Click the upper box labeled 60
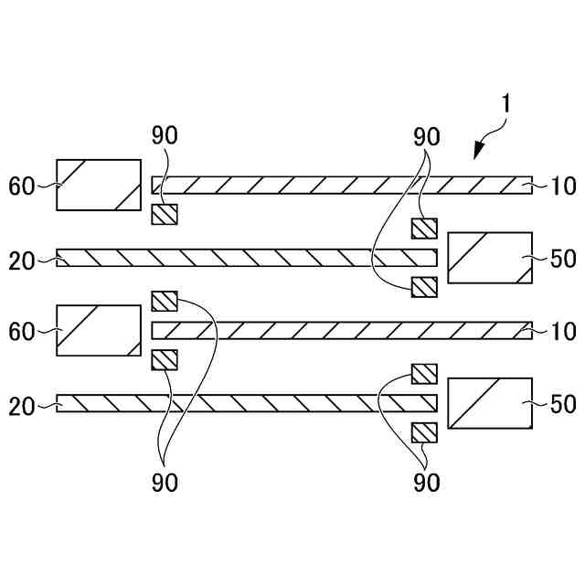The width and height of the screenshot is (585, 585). (99, 186)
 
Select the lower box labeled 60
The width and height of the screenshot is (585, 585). (99, 329)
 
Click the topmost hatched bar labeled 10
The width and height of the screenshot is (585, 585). (341, 186)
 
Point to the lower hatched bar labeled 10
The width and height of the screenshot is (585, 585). (341, 329)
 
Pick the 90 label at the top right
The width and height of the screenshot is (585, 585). (427, 137)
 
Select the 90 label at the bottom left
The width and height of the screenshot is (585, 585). (165, 483)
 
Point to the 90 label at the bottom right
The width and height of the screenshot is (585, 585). (427, 483)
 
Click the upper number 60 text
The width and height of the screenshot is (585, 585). (21, 187)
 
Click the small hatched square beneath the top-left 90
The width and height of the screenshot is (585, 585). (165, 215)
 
